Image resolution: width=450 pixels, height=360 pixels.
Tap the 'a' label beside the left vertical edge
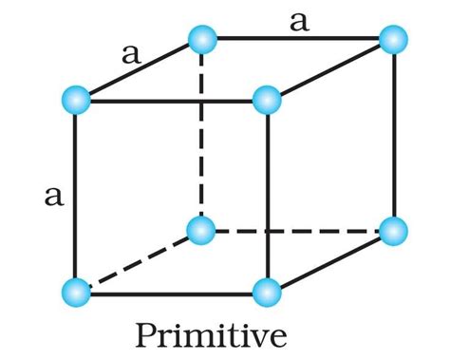click(x=54, y=196)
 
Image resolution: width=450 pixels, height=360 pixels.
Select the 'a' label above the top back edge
click(x=299, y=21)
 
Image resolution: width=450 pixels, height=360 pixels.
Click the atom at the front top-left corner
click(x=75, y=98)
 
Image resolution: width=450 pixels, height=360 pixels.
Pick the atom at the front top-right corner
click(x=268, y=98)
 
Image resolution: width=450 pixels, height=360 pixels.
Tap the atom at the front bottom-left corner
click(x=75, y=291)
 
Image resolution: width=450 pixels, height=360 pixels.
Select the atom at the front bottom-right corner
click(x=268, y=291)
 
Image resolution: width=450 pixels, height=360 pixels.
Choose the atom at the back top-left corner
click(x=202, y=39)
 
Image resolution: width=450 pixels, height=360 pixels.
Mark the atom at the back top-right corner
click(x=393, y=39)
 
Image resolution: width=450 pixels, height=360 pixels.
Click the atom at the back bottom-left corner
click(x=202, y=230)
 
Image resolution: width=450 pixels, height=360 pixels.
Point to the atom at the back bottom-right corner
click(x=393, y=230)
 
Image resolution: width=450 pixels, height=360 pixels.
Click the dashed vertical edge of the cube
click(x=202, y=133)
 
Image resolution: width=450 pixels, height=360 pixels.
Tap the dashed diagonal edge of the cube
click(x=138, y=260)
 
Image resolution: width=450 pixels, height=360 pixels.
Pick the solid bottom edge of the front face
click(x=171, y=294)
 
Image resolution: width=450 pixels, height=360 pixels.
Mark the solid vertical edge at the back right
click(x=393, y=133)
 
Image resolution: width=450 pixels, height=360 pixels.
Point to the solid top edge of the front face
click(x=171, y=98)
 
